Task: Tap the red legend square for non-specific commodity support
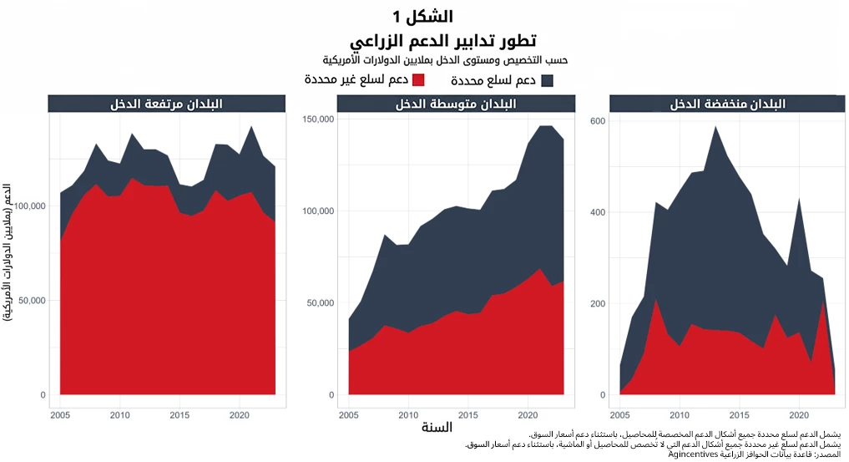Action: (x=419, y=80)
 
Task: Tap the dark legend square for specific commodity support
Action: (x=548, y=81)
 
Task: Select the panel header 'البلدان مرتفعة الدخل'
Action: (x=167, y=104)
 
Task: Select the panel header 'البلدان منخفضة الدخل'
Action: (x=728, y=104)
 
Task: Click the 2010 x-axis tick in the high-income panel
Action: (x=120, y=415)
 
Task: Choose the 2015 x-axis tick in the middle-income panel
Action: (x=468, y=415)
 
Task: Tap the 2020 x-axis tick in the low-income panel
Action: (x=799, y=415)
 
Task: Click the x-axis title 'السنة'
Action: (x=437, y=429)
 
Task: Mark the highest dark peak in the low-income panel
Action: (x=715, y=128)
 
